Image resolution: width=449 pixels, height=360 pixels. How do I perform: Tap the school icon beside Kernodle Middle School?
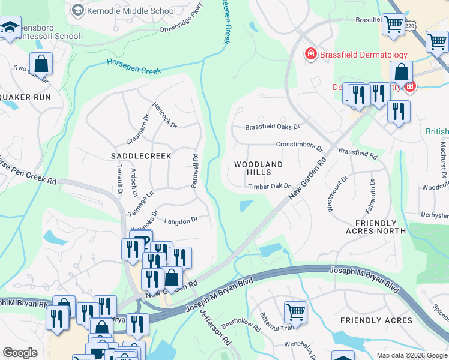(78, 10)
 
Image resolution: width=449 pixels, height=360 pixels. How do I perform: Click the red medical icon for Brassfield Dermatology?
(311, 55)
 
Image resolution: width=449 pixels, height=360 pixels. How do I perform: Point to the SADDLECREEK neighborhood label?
(142, 156)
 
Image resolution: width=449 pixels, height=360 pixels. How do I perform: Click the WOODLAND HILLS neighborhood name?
(258, 168)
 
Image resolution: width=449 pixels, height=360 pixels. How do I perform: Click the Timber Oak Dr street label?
(270, 187)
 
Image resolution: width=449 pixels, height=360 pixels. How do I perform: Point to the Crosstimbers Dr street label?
(299, 145)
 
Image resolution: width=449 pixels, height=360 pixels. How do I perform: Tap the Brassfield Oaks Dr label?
(272, 127)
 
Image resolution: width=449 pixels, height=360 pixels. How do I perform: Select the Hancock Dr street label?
(164, 113)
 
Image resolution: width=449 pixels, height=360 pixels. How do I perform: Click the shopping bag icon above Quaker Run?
(41, 63)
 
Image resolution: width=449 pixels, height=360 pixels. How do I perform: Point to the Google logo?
(20, 353)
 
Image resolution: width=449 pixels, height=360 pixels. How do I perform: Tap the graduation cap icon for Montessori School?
(10, 27)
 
